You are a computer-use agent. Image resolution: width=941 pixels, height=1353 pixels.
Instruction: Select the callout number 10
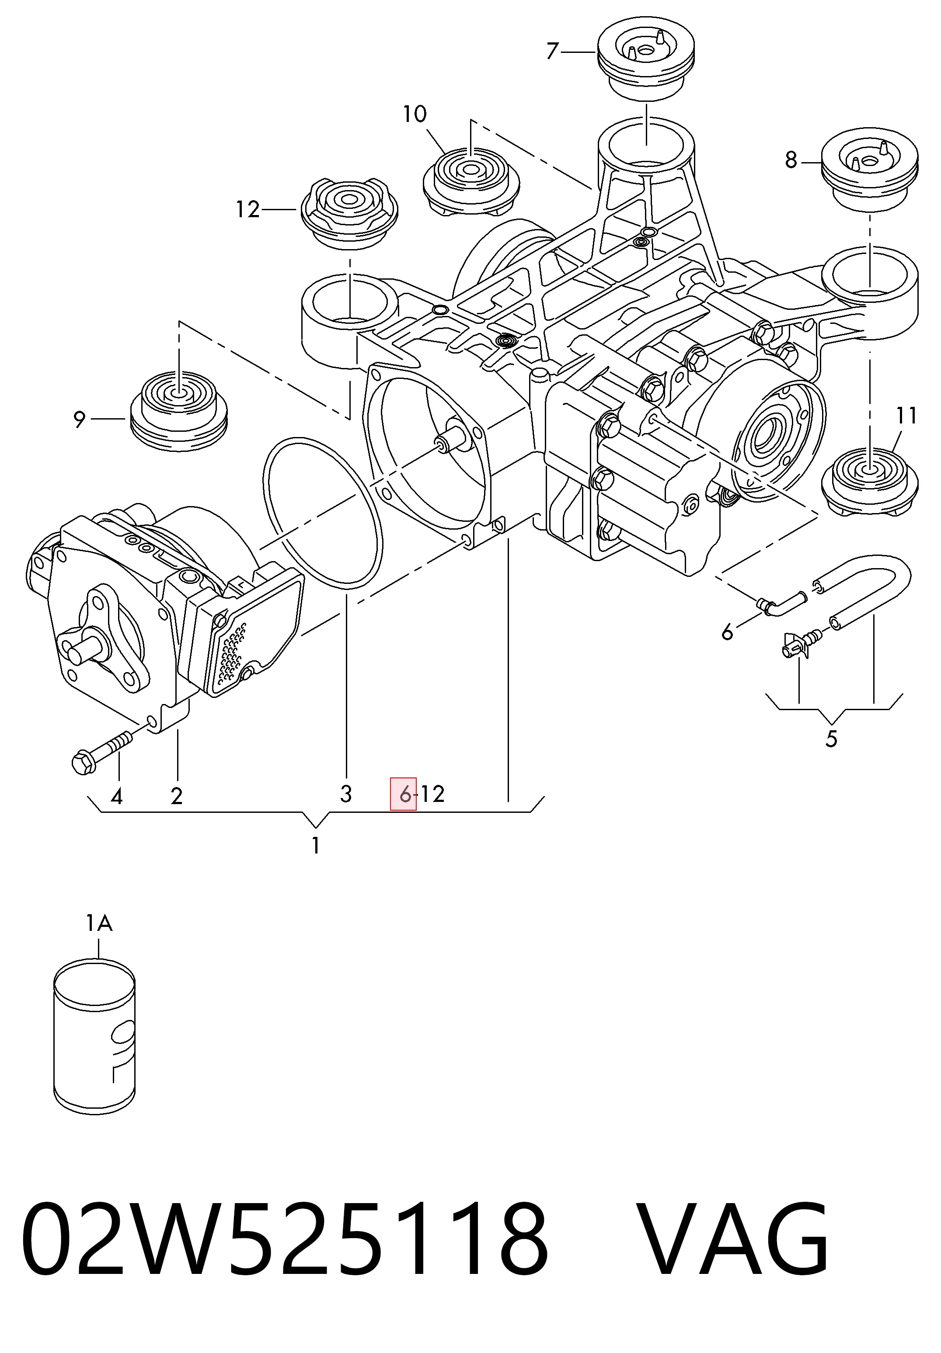415,114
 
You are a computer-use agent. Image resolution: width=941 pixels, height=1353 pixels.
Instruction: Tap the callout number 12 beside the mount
247,209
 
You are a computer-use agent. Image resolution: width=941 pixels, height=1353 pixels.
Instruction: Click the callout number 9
80,420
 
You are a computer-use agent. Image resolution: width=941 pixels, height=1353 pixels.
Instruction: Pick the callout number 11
906,416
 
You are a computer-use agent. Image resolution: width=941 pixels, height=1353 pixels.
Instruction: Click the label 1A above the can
99,923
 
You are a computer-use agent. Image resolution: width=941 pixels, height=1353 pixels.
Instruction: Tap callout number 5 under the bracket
831,739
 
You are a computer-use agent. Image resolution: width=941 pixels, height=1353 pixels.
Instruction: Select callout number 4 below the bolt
117,797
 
